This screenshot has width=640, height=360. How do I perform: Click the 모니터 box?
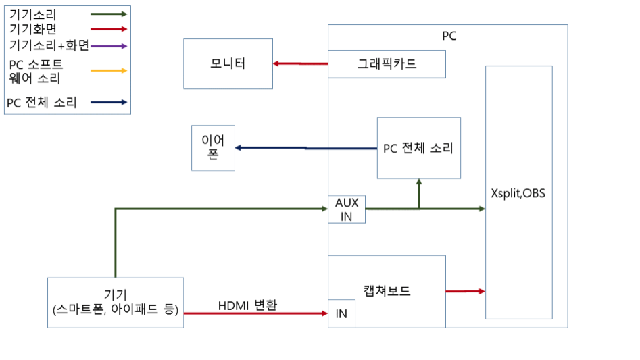click(x=228, y=64)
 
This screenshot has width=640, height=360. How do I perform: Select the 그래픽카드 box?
click(x=387, y=64)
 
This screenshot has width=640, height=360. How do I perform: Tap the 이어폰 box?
click(x=213, y=148)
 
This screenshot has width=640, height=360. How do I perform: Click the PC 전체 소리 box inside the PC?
click(x=418, y=148)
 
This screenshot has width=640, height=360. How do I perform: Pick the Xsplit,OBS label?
click(x=518, y=193)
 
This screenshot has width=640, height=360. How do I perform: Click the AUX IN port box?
click(x=347, y=209)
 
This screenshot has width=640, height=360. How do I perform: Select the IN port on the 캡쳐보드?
click(x=341, y=314)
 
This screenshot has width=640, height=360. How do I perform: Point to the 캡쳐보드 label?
click(x=387, y=292)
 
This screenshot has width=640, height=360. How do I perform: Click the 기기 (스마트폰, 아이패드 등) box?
click(x=116, y=303)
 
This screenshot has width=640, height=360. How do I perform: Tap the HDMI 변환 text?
click(x=248, y=305)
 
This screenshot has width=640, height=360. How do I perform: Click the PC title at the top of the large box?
click(x=449, y=36)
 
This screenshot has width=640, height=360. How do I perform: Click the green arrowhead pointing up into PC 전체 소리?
click(x=419, y=184)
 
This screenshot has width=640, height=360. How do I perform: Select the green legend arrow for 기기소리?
click(x=108, y=14)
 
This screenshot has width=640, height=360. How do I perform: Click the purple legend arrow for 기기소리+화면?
click(x=108, y=45)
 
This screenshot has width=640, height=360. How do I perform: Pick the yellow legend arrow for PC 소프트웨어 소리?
click(x=108, y=70)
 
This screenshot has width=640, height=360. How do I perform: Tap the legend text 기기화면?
click(x=34, y=29)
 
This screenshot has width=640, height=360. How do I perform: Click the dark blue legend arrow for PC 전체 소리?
click(x=108, y=102)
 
